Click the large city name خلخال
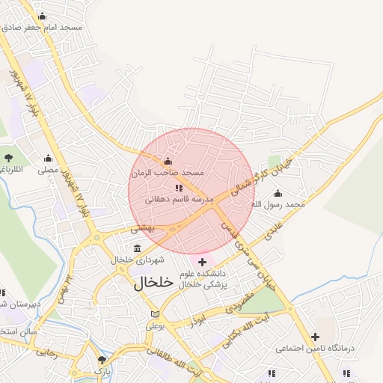(153, 284)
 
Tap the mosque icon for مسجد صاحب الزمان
(168, 162)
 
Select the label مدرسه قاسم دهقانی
(178, 199)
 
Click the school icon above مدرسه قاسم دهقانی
(178, 188)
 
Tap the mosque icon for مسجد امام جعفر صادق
(42, 16)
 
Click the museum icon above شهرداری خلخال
(136, 248)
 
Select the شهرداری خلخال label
(132, 260)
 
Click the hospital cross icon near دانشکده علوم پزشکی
(202, 262)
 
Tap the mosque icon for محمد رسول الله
(278, 193)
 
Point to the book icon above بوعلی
(155, 315)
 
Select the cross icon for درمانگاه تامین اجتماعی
(315, 337)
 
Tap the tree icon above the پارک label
(102, 361)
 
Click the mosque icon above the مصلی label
(49, 159)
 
